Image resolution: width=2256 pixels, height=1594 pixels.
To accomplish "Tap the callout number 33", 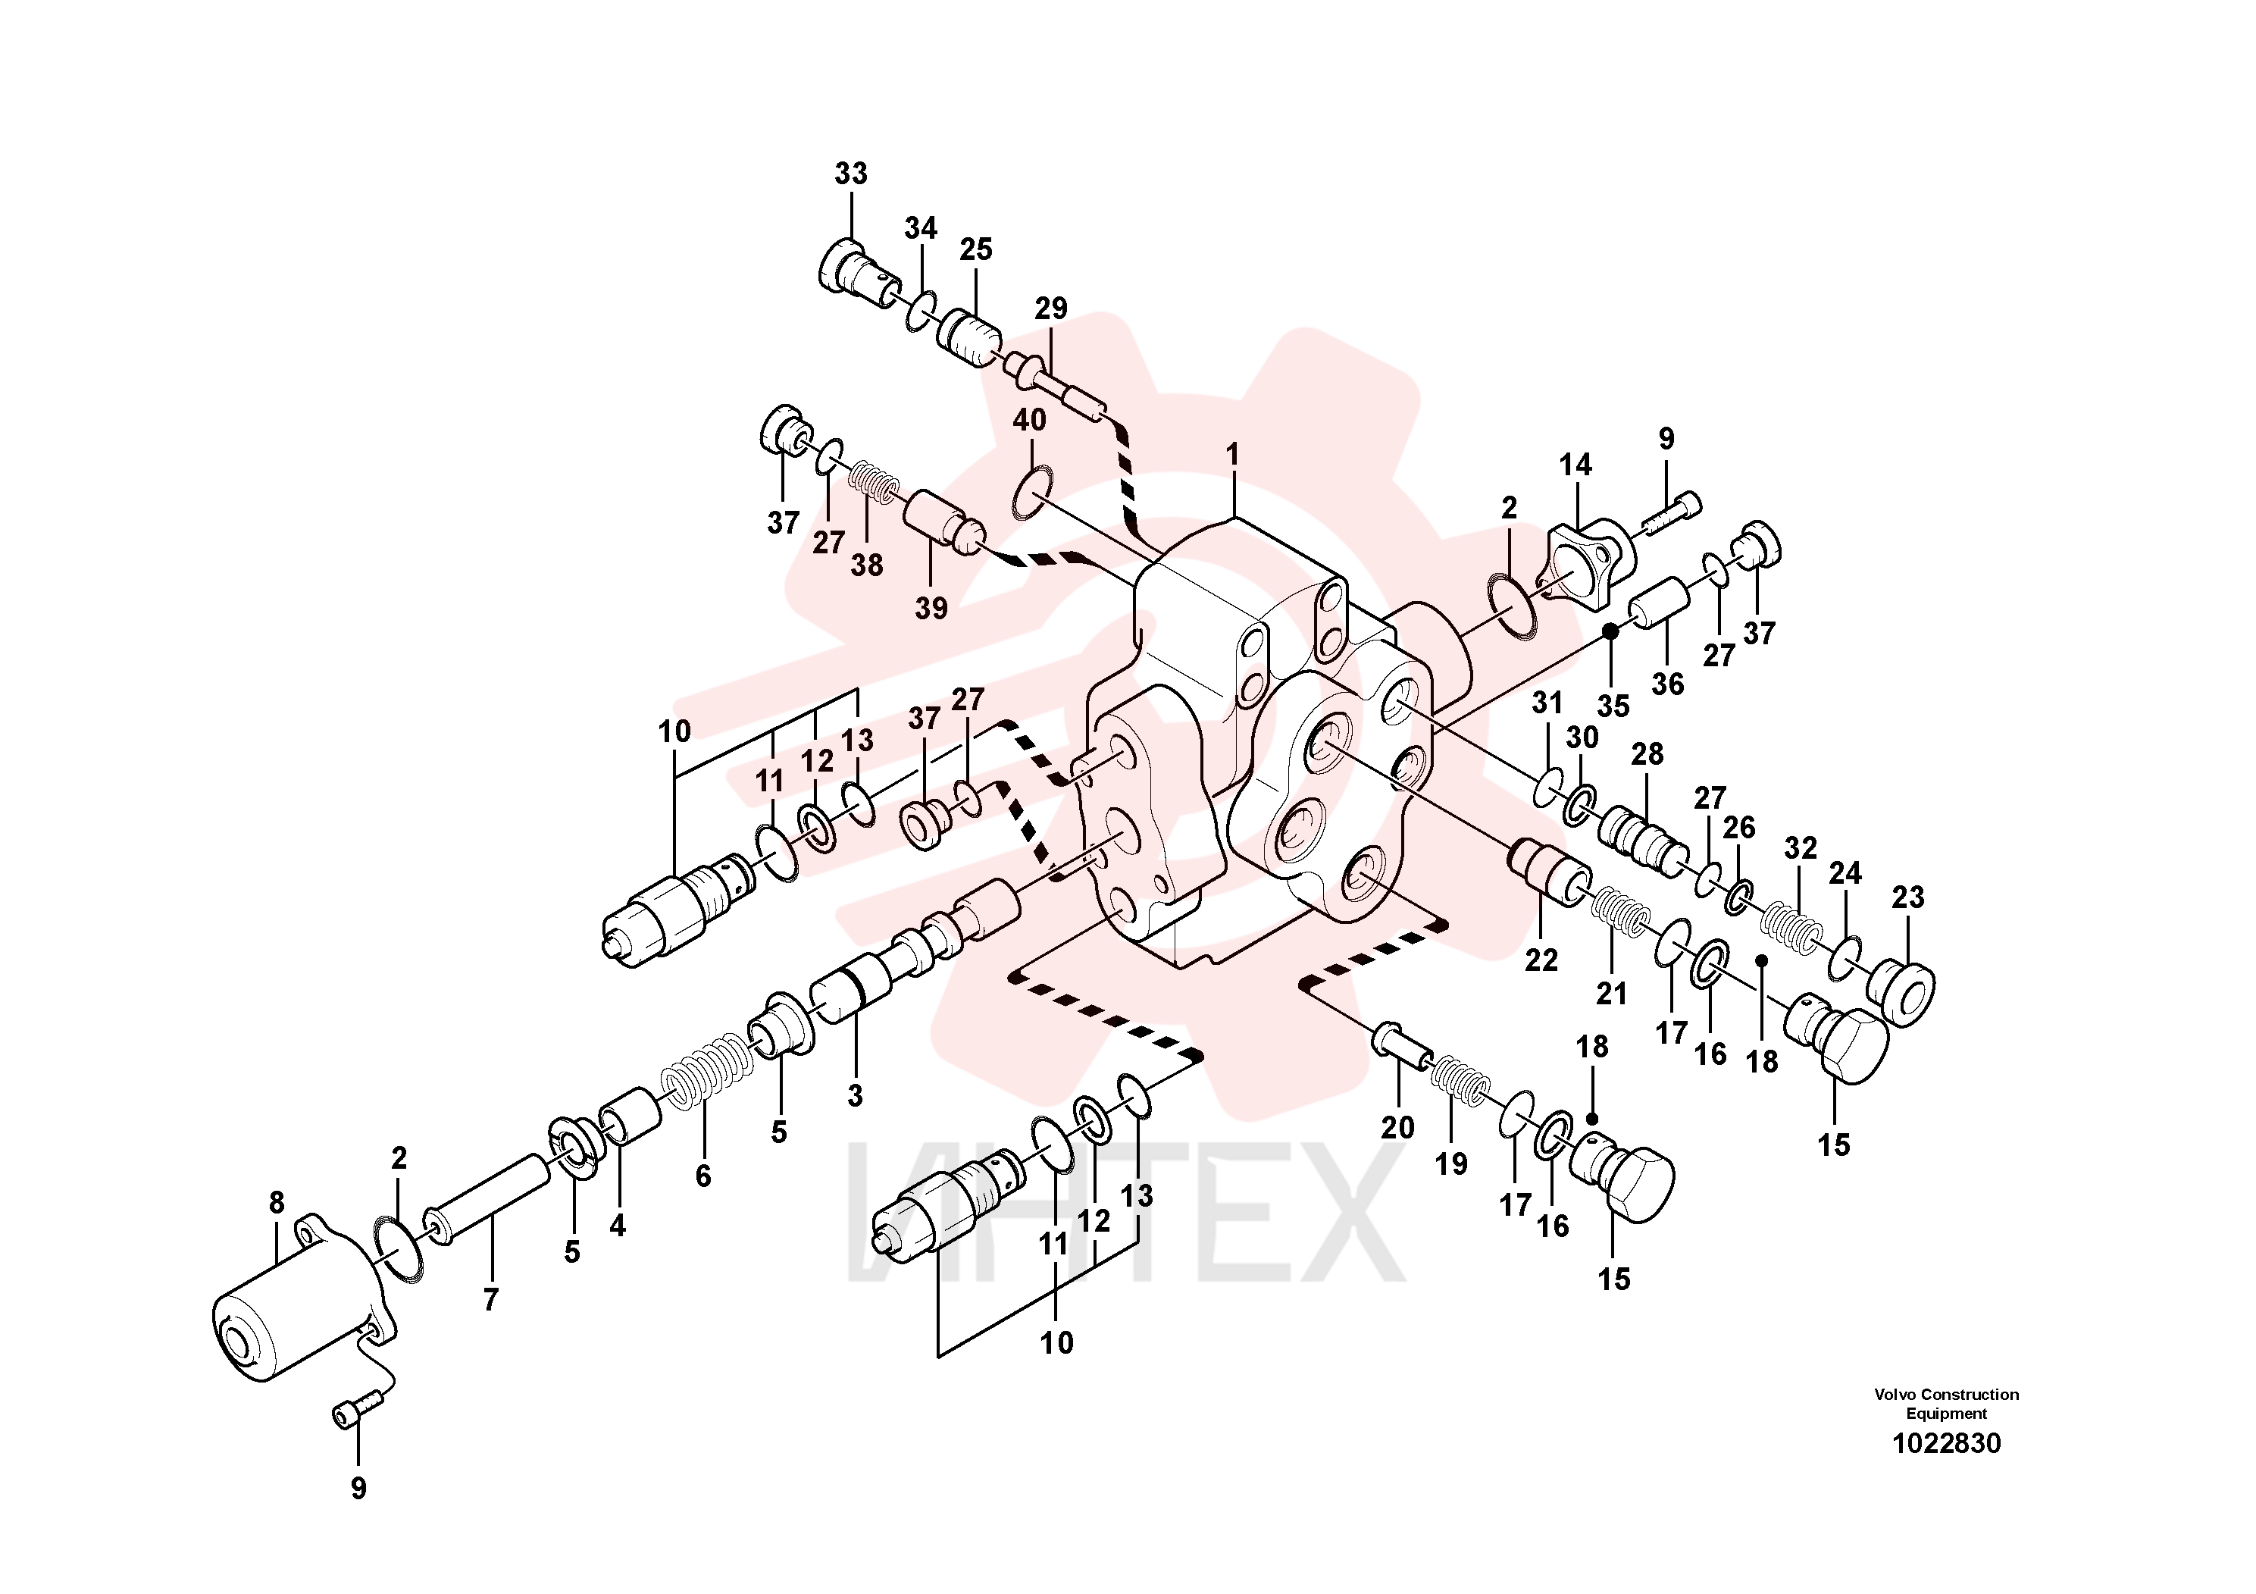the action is tap(851, 173).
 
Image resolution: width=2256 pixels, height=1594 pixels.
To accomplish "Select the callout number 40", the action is tap(1029, 420).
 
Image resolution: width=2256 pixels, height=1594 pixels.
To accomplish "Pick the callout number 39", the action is tap(931, 609).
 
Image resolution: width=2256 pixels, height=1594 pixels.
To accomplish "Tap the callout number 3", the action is tap(855, 1096).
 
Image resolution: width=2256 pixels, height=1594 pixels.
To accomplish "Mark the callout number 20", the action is tap(1397, 1127).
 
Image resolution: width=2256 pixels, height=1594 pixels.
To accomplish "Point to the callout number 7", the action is tap(490, 1299).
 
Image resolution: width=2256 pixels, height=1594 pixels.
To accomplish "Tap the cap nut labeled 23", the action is tap(1902, 995).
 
